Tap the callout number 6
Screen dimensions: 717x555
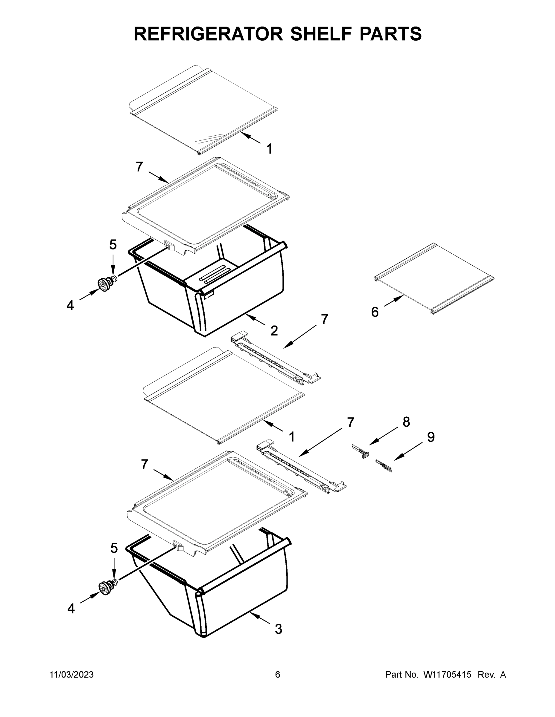click(x=375, y=312)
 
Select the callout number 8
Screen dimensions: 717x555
click(x=406, y=422)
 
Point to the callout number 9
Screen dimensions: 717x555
click(x=431, y=437)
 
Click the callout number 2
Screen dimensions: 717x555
click(x=274, y=331)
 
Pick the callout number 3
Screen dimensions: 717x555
click(x=278, y=629)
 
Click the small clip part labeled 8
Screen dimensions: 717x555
click(x=361, y=451)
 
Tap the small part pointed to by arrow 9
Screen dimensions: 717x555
click(x=384, y=466)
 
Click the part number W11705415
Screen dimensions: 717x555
click(x=447, y=675)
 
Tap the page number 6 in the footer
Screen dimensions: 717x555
click(x=278, y=675)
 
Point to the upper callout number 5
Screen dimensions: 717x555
click(x=113, y=245)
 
